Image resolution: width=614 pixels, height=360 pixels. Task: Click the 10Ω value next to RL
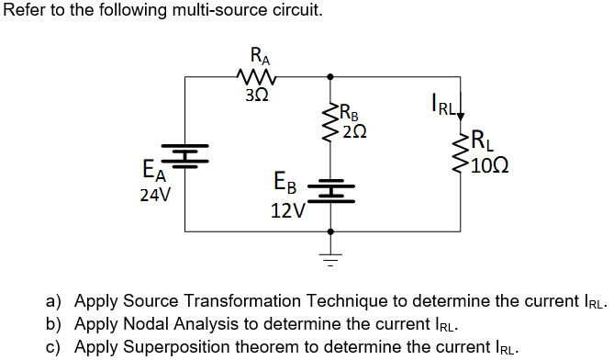click(488, 165)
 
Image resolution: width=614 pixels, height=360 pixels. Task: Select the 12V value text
click(289, 210)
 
